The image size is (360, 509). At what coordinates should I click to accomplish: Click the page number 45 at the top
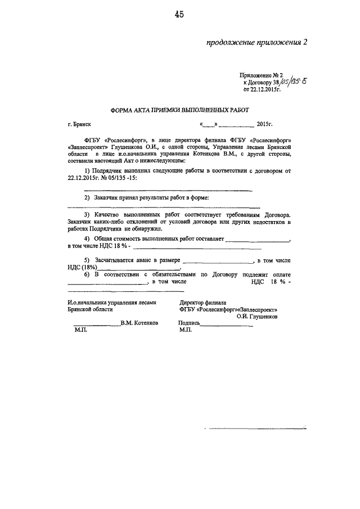pos(179,15)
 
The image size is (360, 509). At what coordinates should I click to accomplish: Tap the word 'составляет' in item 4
pos(206,239)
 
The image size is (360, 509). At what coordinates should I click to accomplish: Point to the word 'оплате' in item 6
pos(279,274)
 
